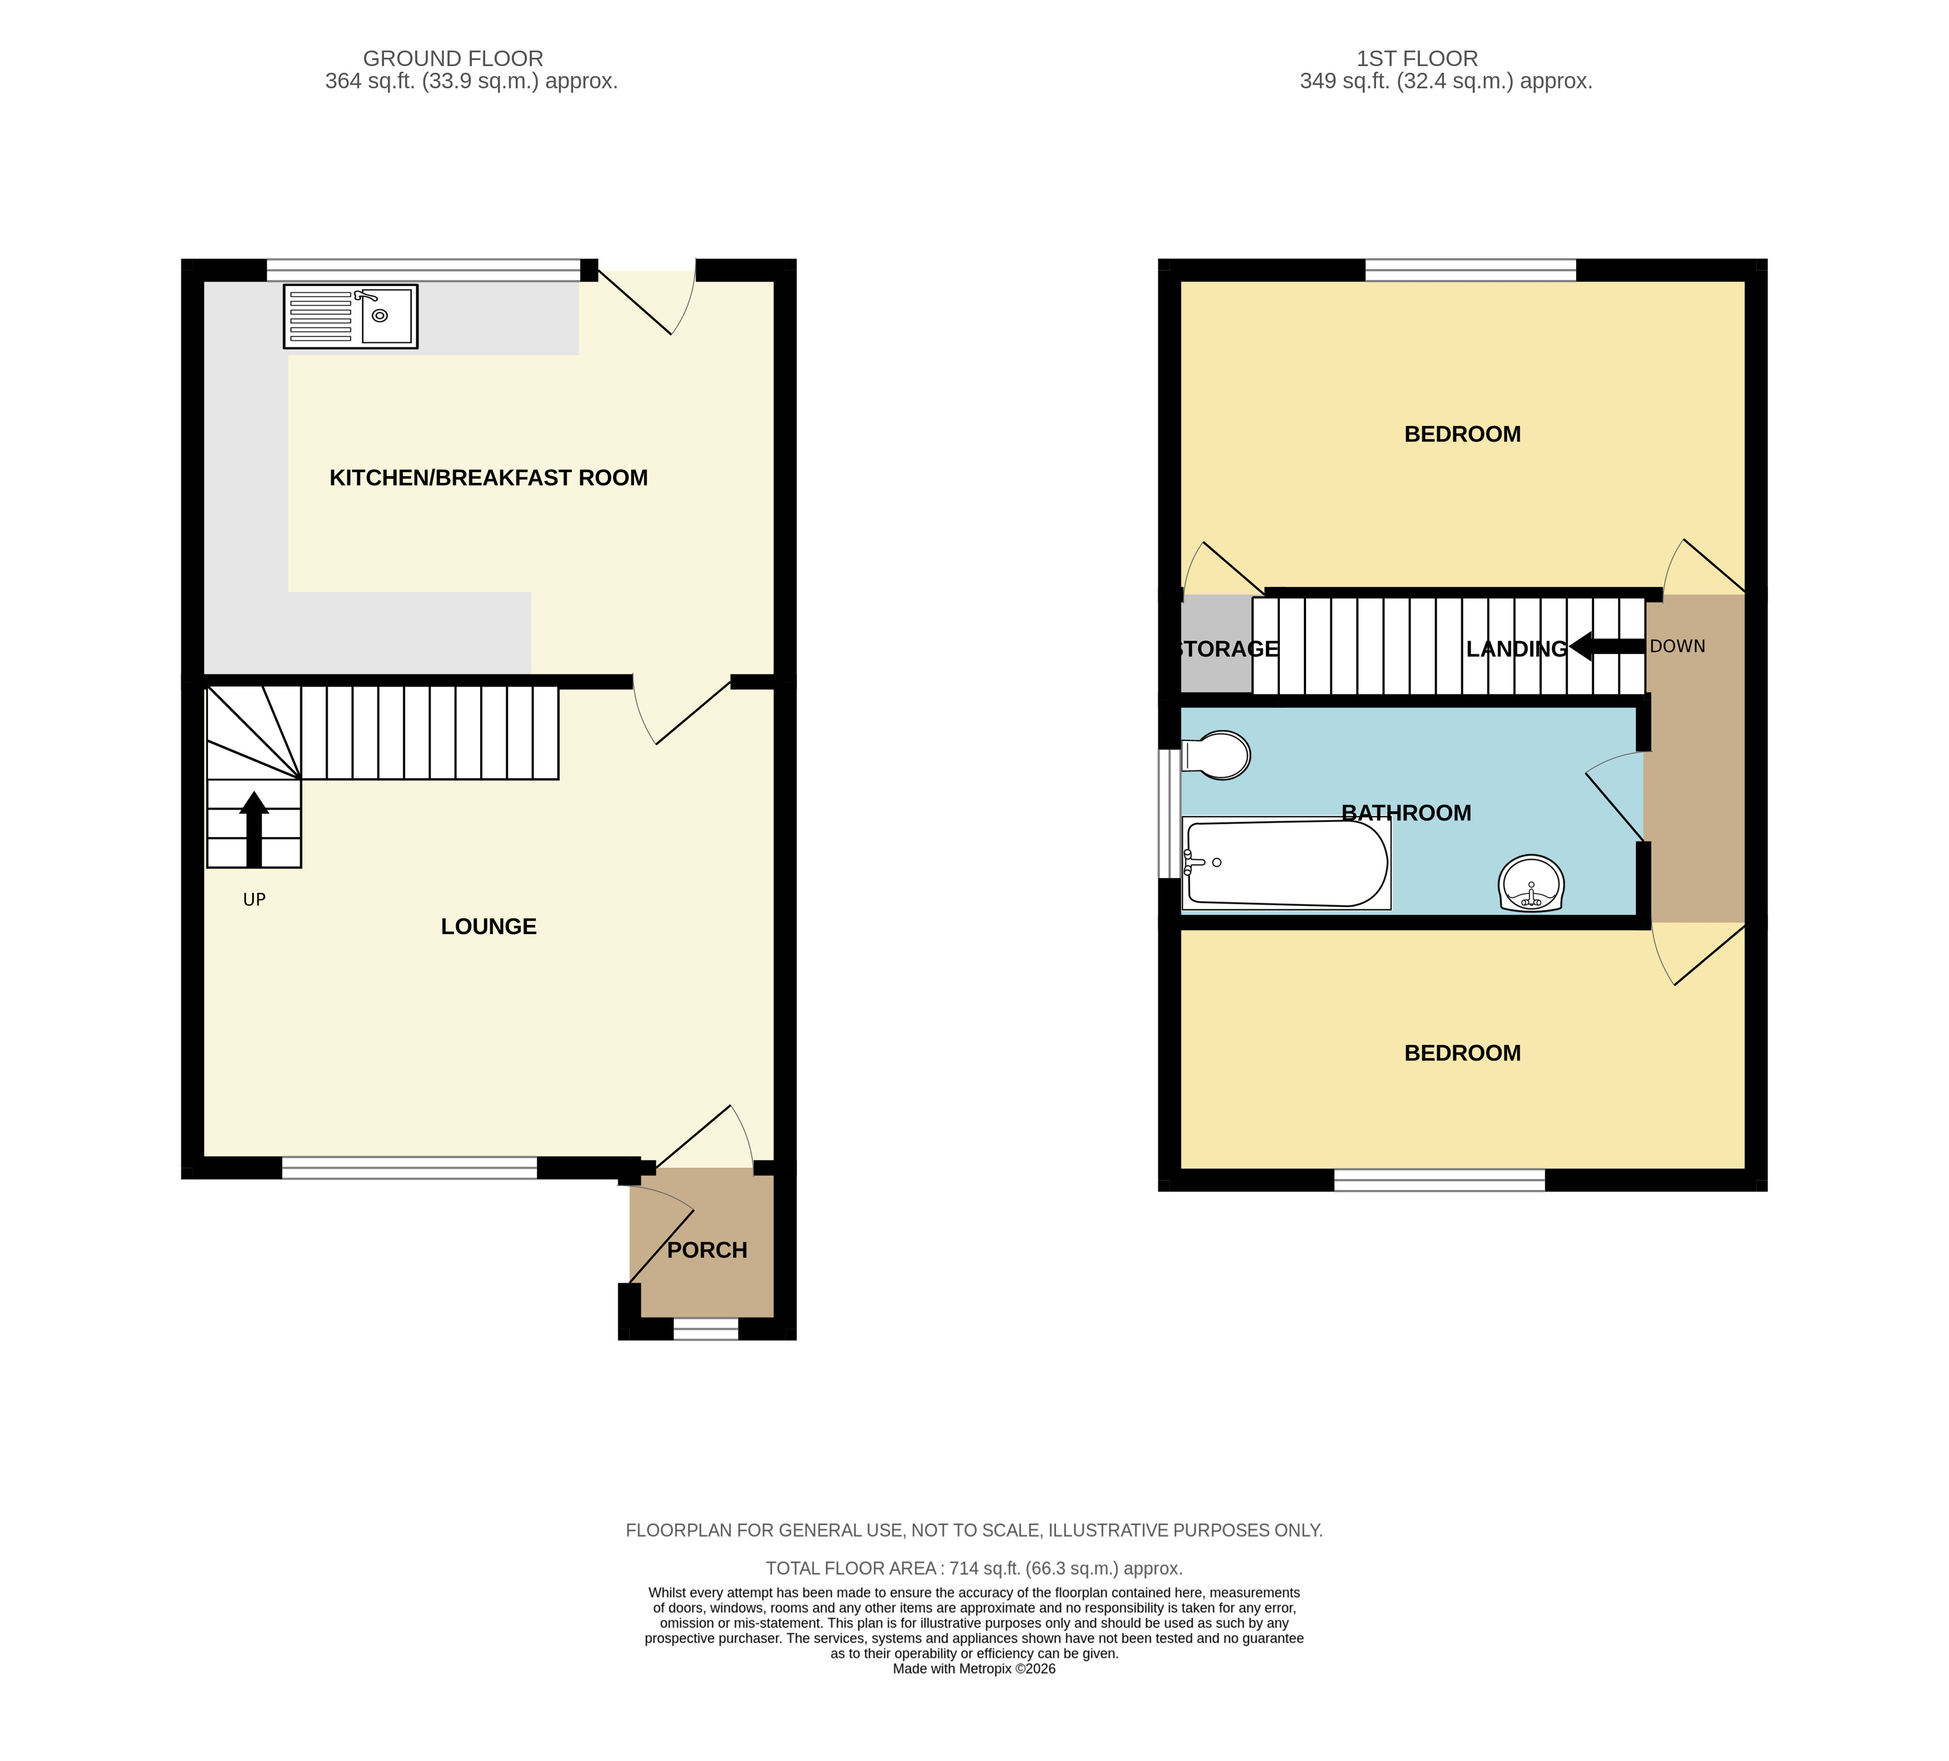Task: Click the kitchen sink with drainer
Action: tap(350, 316)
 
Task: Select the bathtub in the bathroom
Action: tap(1286, 863)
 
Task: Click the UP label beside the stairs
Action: tap(255, 900)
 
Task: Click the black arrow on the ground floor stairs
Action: tap(255, 829)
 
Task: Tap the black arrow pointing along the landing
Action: tap(1606, 647)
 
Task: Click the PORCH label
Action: tap(707, 1250)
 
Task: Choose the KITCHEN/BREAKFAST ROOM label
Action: tap(488, 477)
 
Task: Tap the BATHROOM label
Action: tap(1407, 813)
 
